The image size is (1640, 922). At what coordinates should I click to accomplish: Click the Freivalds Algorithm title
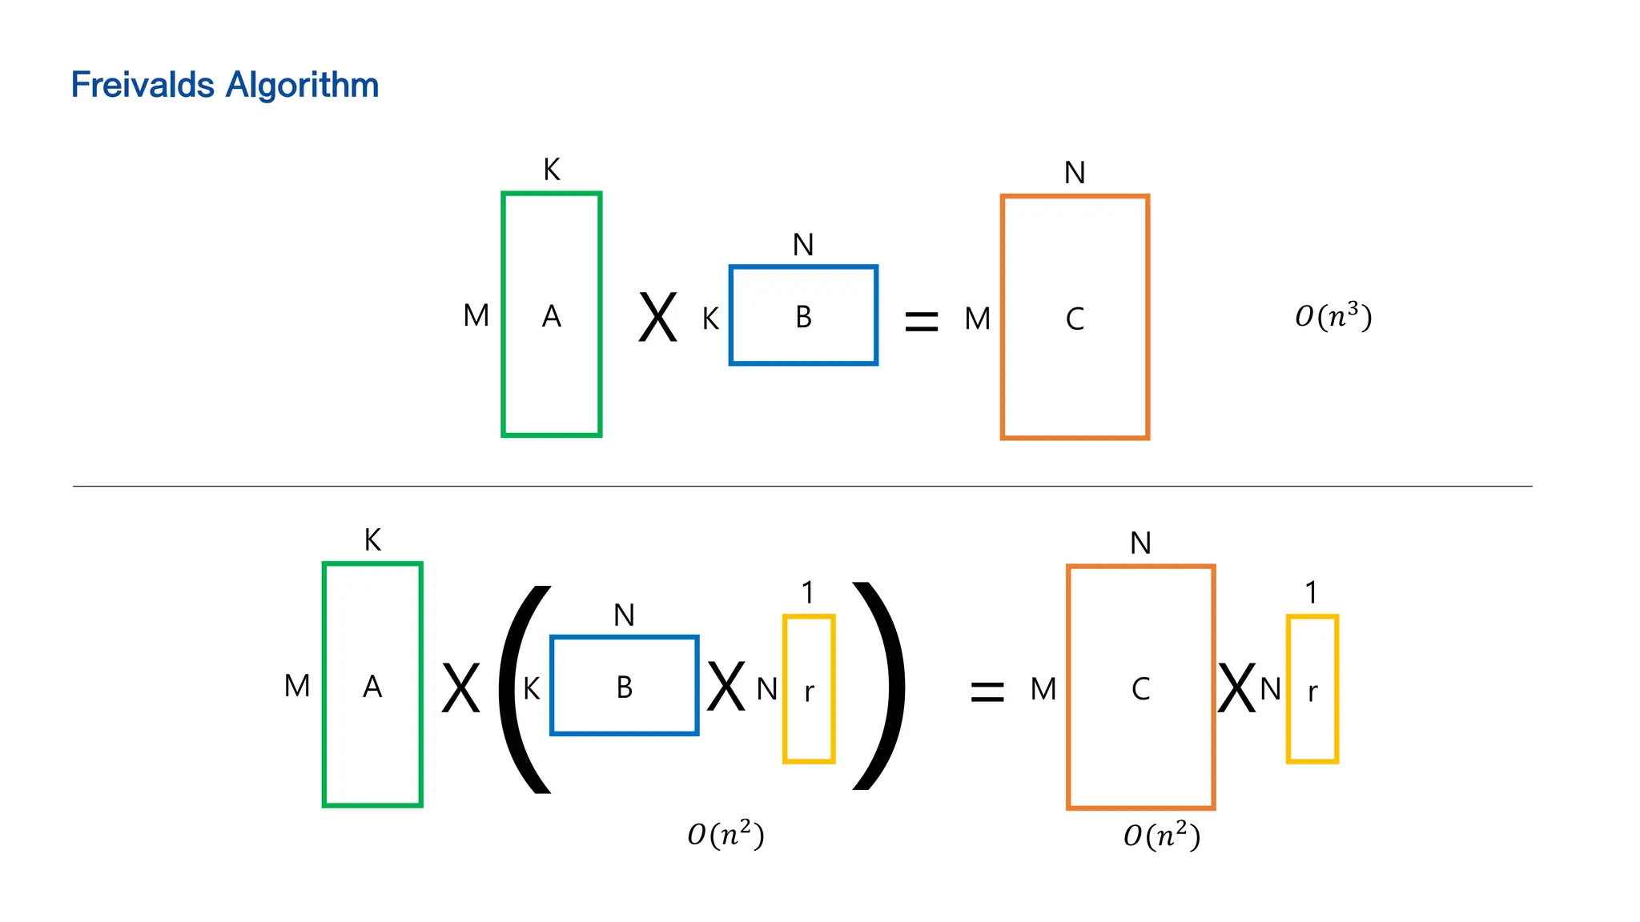tap(224, 85)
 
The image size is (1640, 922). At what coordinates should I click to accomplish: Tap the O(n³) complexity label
tap(1333, 316)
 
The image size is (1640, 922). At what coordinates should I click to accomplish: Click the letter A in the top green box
tap(551, 317)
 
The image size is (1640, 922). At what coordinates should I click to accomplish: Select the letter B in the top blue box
tap(803, 318)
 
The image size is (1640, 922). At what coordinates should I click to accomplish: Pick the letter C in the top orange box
tap(1075, 319)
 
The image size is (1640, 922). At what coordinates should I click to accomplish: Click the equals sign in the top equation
tap(921, 322)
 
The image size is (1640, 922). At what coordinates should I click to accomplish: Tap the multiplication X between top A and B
tap(657, 318)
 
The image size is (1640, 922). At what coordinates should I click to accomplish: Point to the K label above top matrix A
tap(551, 170)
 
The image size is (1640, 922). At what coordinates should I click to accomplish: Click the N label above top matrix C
tap(1075, 173)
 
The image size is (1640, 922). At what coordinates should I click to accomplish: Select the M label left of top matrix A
tap(476, 316)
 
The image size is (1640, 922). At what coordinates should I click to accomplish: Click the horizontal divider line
tap(801, 486)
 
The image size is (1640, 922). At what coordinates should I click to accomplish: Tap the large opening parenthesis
tap(525, 688)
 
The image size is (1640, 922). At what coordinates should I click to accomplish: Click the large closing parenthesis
tap(879, 687)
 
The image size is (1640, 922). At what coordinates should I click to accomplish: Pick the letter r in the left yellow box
tap(809, 691)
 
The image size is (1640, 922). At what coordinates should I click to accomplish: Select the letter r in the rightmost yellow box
tap(1312, 691)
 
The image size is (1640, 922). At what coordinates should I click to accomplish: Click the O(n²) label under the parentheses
tap(726, 835)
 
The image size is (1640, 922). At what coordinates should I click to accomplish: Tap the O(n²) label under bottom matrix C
tap(1161, 836)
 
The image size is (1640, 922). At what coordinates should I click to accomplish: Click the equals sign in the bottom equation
tap(987, 691)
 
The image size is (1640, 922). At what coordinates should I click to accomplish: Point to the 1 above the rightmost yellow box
tap(1311, 593)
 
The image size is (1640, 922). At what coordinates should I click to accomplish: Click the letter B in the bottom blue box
tap(625, 687)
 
